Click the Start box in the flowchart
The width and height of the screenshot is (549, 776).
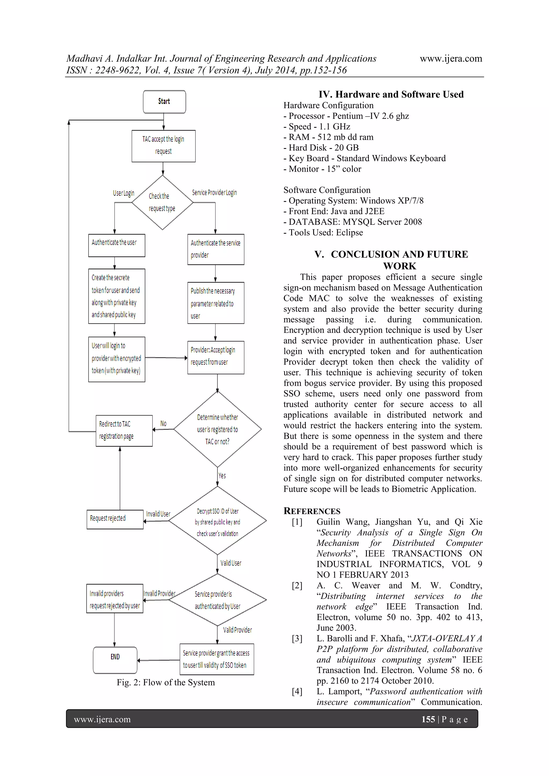pos(164,102)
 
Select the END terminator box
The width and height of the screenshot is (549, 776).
pos(115,660)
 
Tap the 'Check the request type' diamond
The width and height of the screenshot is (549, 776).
pos(162,203)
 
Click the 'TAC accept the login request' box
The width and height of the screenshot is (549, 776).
pos(163,146)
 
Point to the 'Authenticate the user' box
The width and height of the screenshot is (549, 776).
pos(116,245)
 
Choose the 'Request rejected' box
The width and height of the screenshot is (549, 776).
pos(115,519)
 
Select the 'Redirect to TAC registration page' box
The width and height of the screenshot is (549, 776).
pos(124,430)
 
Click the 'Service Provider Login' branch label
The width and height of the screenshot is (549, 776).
pos(214,193)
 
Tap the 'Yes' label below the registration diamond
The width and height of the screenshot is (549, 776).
pos(222,475)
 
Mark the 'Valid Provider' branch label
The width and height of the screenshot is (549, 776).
pos(237,630)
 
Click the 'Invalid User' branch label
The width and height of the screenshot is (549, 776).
pos(158,514)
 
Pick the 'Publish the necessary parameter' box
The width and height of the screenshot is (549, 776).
pos(216,303)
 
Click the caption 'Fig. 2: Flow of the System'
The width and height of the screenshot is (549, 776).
pos(165,682)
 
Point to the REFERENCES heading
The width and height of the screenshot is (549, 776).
pos(312,511)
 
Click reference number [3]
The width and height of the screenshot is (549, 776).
pos(297,638)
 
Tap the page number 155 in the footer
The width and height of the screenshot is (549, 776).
pos(428,719)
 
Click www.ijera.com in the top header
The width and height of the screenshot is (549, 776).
pos(451,58)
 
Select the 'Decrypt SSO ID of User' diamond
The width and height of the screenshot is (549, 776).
pos(217,522)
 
